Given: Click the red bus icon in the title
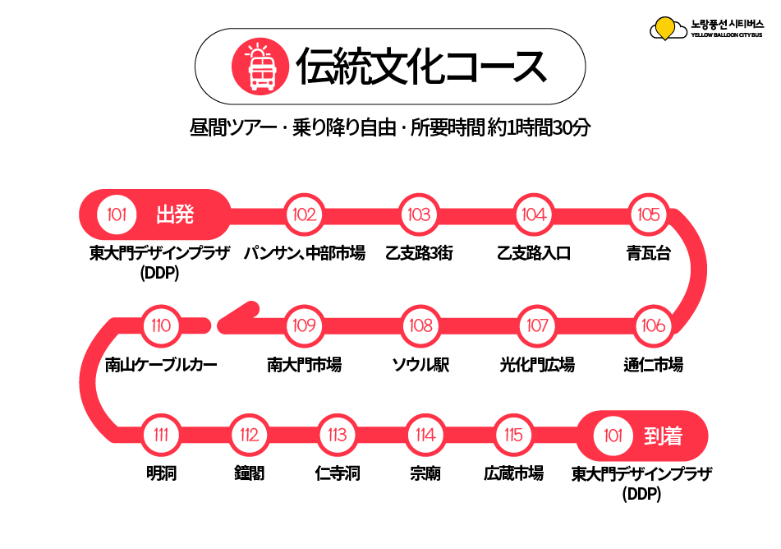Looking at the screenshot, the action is click(x=260, y=67).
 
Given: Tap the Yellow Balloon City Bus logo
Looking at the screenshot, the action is click(x=706, y=29).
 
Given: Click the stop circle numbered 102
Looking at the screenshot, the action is click(x=305, y=215).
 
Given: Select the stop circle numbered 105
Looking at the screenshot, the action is click(x=648, y=215).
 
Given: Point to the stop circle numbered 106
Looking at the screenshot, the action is click(x=653, y=325).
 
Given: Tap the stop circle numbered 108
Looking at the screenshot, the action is click(x=420, y=325).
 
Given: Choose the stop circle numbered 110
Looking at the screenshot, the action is click(x=161, y=325).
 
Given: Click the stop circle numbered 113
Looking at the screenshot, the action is click(x=338, y=435).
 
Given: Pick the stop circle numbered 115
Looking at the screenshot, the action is click(x=513, y=435).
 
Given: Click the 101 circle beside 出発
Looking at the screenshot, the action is click(x=117, y=215).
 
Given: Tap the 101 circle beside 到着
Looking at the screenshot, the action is click(x=613, y=436).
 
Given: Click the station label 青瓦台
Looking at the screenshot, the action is click(x=648, y=253).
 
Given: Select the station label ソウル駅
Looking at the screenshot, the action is click(x=420, y=365).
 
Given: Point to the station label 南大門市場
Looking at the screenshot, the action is click(x=305, y=365).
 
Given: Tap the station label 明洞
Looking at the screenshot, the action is click(x=161, y=473).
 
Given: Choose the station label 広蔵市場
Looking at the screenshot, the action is click(x=513, y=473).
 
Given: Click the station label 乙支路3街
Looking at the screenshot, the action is click(x=419, y=253).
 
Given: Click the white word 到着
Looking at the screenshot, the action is click(x=663, y=436).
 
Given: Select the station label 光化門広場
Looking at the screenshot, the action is click(x=537, y=365).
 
